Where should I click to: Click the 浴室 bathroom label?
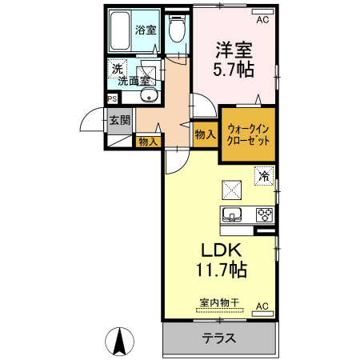pos(146,31)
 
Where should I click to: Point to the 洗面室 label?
pos(134,80)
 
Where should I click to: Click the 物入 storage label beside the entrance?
pos(147,142)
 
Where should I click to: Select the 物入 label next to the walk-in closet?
pos(205,135)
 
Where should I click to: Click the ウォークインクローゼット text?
pos(247,134)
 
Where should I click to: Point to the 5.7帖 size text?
pos(234,69)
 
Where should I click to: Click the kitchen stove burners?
pos(263,214)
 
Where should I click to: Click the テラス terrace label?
pos(218,338)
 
